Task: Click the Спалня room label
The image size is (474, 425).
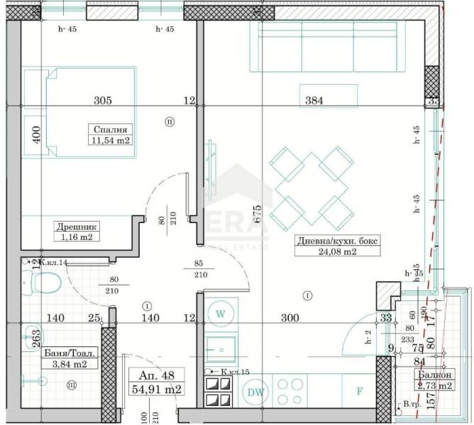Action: tap(109, 130)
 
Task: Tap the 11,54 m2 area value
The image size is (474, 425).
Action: tap(109, 141)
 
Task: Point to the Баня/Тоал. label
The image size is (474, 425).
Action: tap(70, 351)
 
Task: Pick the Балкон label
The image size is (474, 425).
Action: tap(433, 375)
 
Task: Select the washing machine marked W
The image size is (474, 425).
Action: tap(221, 312)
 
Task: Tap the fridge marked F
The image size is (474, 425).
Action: tap(359, 390)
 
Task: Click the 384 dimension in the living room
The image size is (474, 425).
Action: tap(314, 101)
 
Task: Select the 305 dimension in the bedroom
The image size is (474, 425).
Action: tap(103, 101)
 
